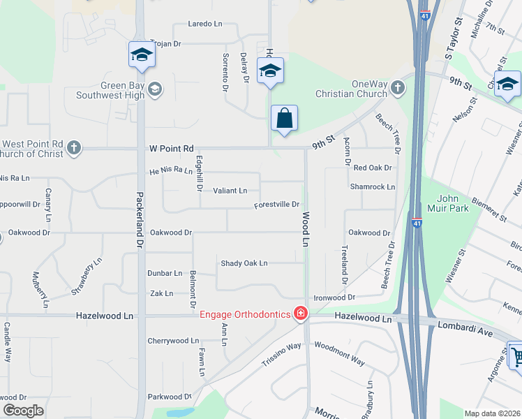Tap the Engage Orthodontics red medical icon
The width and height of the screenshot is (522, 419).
point(301,314)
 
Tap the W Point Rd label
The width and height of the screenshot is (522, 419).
point(170,149)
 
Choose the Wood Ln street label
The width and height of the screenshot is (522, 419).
point(306,230)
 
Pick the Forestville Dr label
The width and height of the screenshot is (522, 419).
point(276,205)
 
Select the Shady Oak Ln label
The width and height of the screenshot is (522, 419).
point(244,263)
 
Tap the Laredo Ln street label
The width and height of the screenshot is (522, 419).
point(204,24)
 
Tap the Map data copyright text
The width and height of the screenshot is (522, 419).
point(492,413)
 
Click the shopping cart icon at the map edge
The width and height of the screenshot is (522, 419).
point(515,357)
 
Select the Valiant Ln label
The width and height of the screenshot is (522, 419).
point(230,191)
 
